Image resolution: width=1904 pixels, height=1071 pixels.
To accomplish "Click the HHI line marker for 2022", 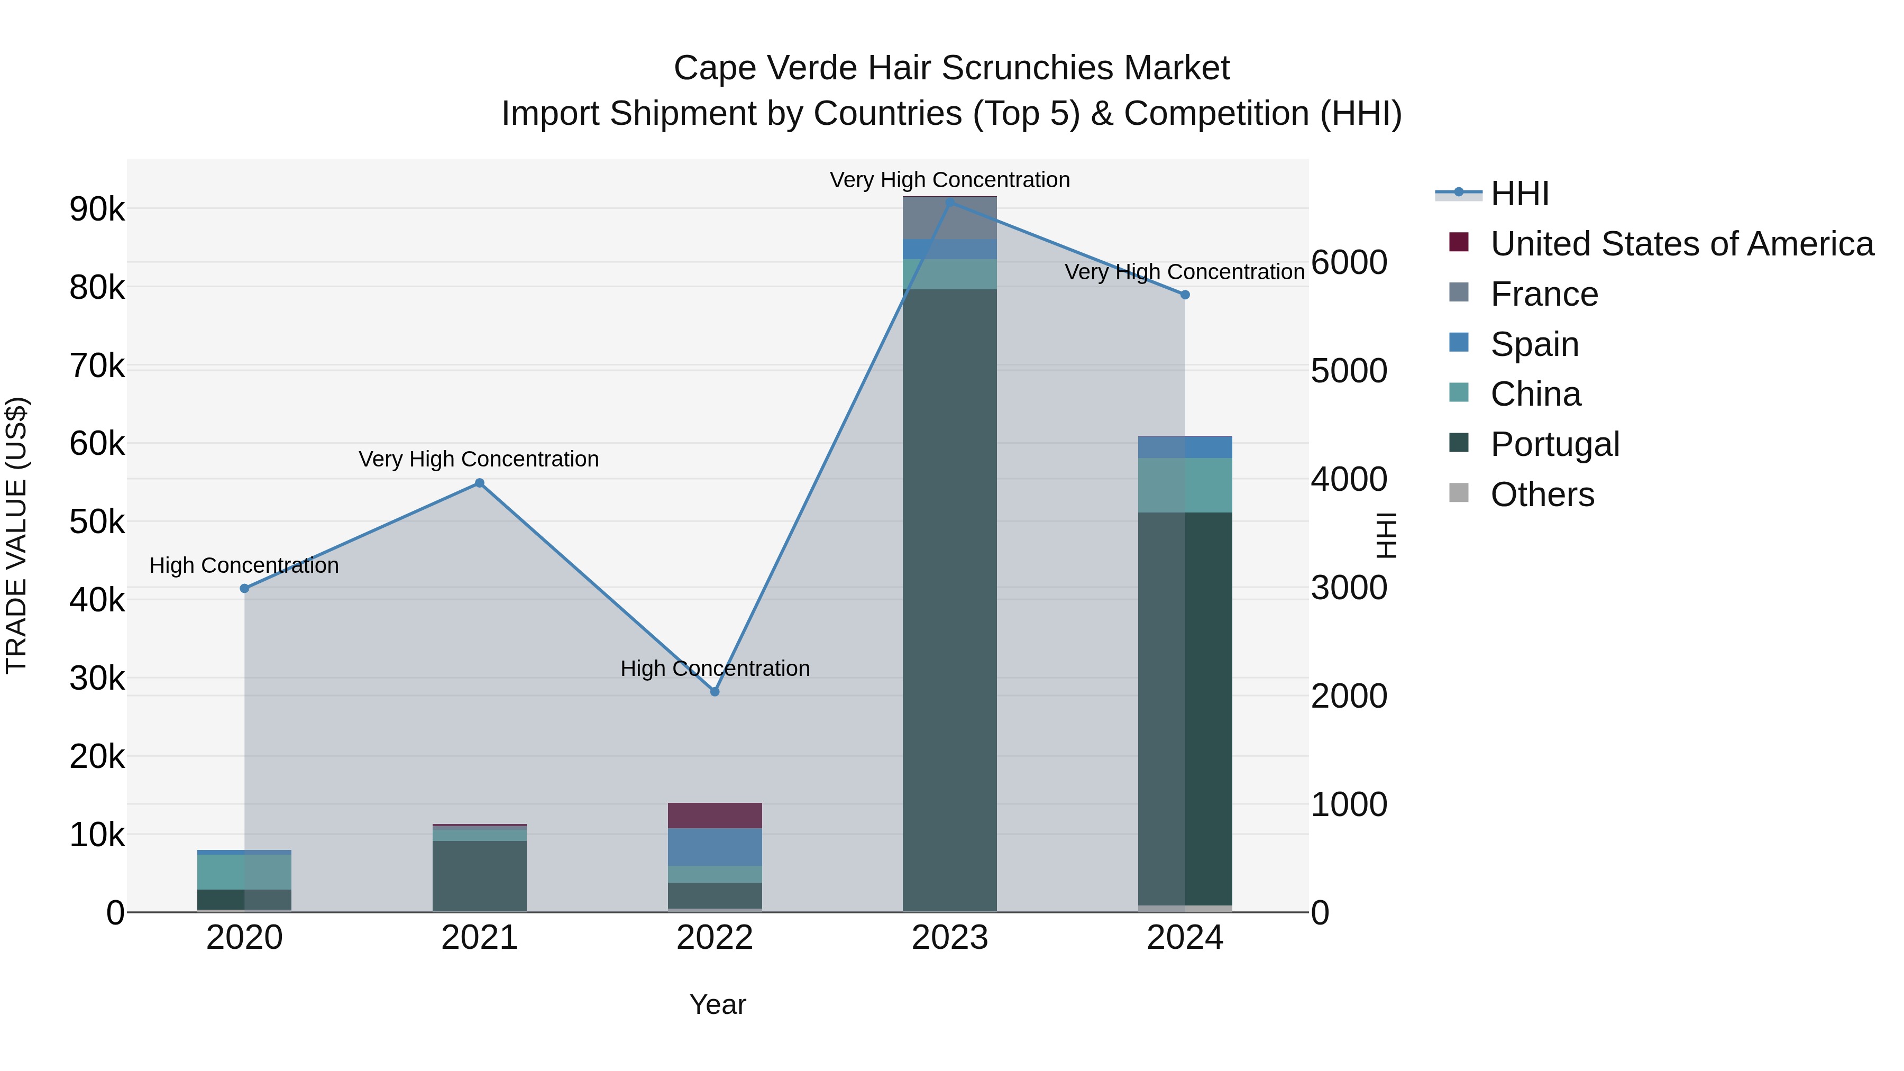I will (714, 692).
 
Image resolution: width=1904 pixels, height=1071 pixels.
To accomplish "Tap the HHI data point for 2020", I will (245, 588).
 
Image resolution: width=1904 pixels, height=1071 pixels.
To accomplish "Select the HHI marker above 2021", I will (479, 483).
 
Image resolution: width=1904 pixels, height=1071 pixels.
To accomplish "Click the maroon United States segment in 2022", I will (714, 815).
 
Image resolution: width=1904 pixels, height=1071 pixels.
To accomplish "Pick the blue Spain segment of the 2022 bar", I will (714, 847).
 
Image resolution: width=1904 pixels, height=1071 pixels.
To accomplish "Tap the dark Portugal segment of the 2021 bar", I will (479, 876).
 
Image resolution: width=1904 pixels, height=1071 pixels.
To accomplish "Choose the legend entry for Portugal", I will (1554, 444).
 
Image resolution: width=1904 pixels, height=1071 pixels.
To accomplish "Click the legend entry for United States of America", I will (1681, 244).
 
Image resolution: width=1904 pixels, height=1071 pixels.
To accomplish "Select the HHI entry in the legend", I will (1519, 194).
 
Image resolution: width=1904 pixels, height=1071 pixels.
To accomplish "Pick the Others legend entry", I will (1542, 495).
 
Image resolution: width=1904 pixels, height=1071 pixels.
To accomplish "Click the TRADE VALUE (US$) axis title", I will (16, 535).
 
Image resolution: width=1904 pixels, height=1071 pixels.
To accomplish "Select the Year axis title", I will (717, 1004).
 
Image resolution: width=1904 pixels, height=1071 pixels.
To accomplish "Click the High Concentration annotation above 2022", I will (714, 668).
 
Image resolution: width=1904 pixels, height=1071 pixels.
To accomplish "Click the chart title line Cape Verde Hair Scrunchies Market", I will (951, 68).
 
